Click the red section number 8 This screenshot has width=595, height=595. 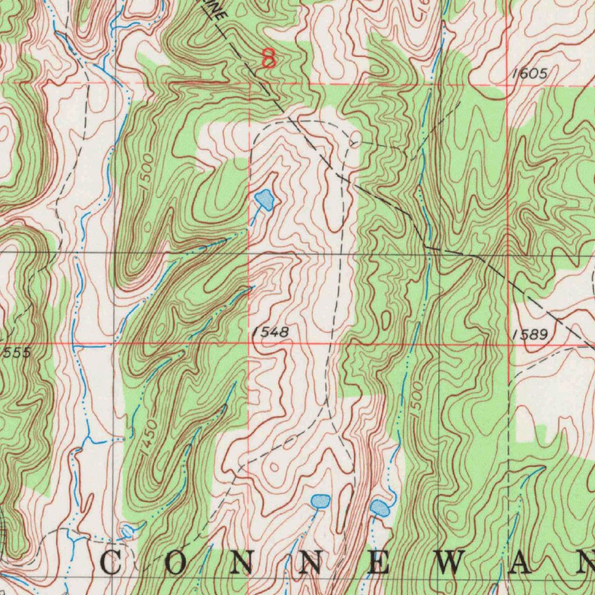[268, 58]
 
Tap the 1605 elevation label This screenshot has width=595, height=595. [529, 74]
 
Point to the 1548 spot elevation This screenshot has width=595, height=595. [270, 332]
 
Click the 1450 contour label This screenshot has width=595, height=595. [149, 432]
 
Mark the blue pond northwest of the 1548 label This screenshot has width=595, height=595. [265, 199]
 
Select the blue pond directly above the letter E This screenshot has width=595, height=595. [379, 508]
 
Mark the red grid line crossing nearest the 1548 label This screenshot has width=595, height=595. [249, 343]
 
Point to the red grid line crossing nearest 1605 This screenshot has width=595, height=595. [506, 85]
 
